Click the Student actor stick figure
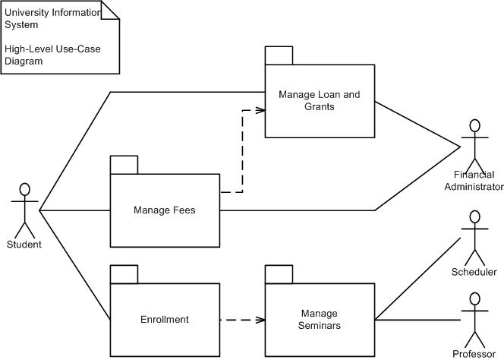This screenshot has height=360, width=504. coord(24,209)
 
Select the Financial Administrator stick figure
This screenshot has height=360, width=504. coord(475,144)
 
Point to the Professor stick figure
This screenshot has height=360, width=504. coord(475,319)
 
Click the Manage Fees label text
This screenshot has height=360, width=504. coord(165,210)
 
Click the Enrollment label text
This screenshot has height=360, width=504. coord(165,320)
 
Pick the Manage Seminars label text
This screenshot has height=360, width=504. coord(320,320)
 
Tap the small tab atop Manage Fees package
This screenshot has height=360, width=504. coord(124,165)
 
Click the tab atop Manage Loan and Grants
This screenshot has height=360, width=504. coord(279,55)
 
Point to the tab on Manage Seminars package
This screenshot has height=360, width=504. coord(279,274)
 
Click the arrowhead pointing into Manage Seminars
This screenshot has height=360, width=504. coord(260,320)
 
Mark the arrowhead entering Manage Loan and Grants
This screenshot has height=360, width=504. coord(260,110)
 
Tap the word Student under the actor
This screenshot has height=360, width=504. coord(24,245)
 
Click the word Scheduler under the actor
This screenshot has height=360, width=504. coord(474,272)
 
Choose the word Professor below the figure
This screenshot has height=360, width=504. coord(474,354)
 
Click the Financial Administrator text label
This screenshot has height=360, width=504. coord(474,181)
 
